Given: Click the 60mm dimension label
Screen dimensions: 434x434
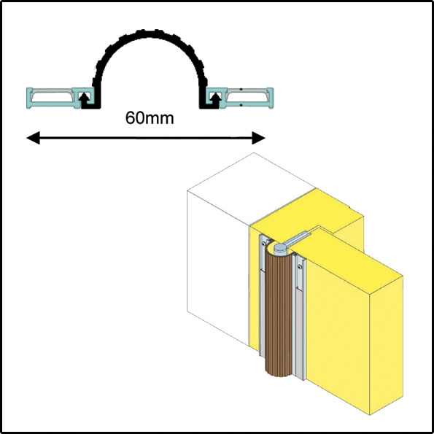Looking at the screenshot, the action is (150, 118).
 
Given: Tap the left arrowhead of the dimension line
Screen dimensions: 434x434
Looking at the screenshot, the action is (34, 138).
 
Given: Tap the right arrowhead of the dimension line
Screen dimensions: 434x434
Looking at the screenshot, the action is (258, 138).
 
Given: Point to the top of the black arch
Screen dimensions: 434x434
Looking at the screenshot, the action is (150, 34).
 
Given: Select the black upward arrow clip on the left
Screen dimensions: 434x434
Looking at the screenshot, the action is (85, 98).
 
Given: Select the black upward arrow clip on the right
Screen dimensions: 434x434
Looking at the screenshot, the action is (216, 98).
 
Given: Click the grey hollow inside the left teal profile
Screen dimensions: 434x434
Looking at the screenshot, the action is (52, 96).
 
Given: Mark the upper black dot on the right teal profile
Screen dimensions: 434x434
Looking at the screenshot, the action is (241, 89).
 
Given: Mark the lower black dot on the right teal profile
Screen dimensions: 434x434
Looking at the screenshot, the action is (241, 105).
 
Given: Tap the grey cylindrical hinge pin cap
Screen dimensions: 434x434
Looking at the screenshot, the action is (280, 249).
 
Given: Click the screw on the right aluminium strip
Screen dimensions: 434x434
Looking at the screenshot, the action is (300, 267).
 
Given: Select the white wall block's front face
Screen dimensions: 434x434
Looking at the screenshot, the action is (218, 267).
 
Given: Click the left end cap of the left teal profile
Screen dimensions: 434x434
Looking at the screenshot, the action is (29, 98).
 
